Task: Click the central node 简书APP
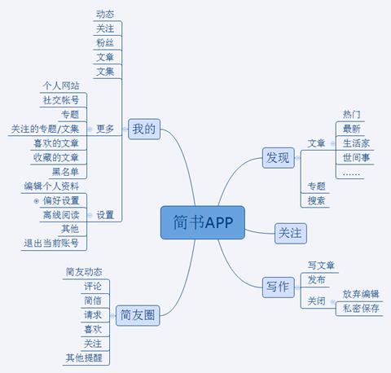(203, 222)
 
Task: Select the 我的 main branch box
(144, 129)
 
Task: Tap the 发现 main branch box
(279, 158)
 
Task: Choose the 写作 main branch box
(279, 287)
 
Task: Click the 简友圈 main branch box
(138, 315)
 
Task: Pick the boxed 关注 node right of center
(291, 233)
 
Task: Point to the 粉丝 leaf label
(105, 42)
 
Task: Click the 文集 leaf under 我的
(105, 72)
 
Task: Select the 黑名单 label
(65, 172)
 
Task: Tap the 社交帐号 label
(61, 100)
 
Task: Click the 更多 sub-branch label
(105, 129)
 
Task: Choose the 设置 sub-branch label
(105, 215)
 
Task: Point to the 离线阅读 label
(61, 215)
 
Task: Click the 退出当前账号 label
(51, 244)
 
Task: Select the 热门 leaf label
(352, 114)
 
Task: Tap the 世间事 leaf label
(356, 157)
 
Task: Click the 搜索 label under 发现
(316, 200)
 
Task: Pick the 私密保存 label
(361, 309)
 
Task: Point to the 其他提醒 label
(84, 358)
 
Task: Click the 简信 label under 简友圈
(93, 301)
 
